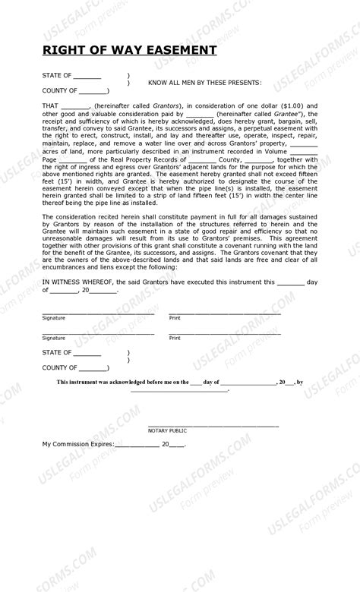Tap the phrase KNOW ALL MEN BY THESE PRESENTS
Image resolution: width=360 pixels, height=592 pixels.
[205, 83]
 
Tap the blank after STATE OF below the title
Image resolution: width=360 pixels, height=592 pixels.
[87, 76]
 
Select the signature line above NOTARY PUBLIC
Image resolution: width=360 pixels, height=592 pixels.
[213, 424]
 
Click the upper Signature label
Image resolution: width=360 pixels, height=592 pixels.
[53, 317]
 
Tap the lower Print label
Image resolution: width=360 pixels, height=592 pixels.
[175, 337]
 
